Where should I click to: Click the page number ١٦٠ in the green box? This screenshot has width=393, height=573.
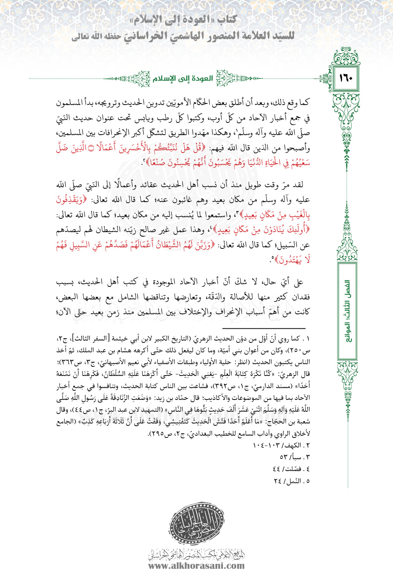[x=346, y=78]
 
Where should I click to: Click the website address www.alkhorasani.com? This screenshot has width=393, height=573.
[x=196, y=565]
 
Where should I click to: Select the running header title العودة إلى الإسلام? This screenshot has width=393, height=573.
[x=183, y=78]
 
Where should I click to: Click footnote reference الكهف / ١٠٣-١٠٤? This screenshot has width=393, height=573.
[x=282, y=445]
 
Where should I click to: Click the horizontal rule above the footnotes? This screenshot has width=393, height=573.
[x=264, y=328]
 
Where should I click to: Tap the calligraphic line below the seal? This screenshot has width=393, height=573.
[x=196, y=554]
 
